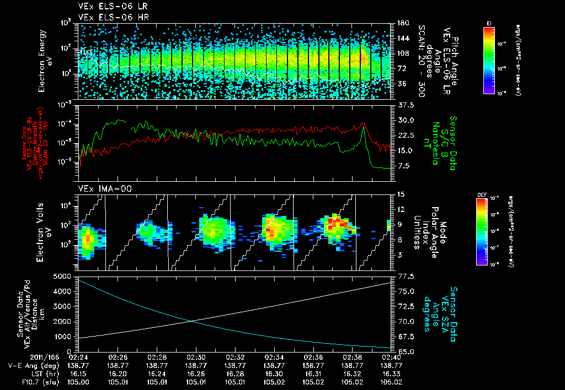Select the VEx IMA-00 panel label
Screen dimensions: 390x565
[101, 189]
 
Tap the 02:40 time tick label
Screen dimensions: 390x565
[391, 357]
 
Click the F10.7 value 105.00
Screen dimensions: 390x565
[79, 381]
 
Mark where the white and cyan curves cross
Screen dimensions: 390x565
[191, 321]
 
